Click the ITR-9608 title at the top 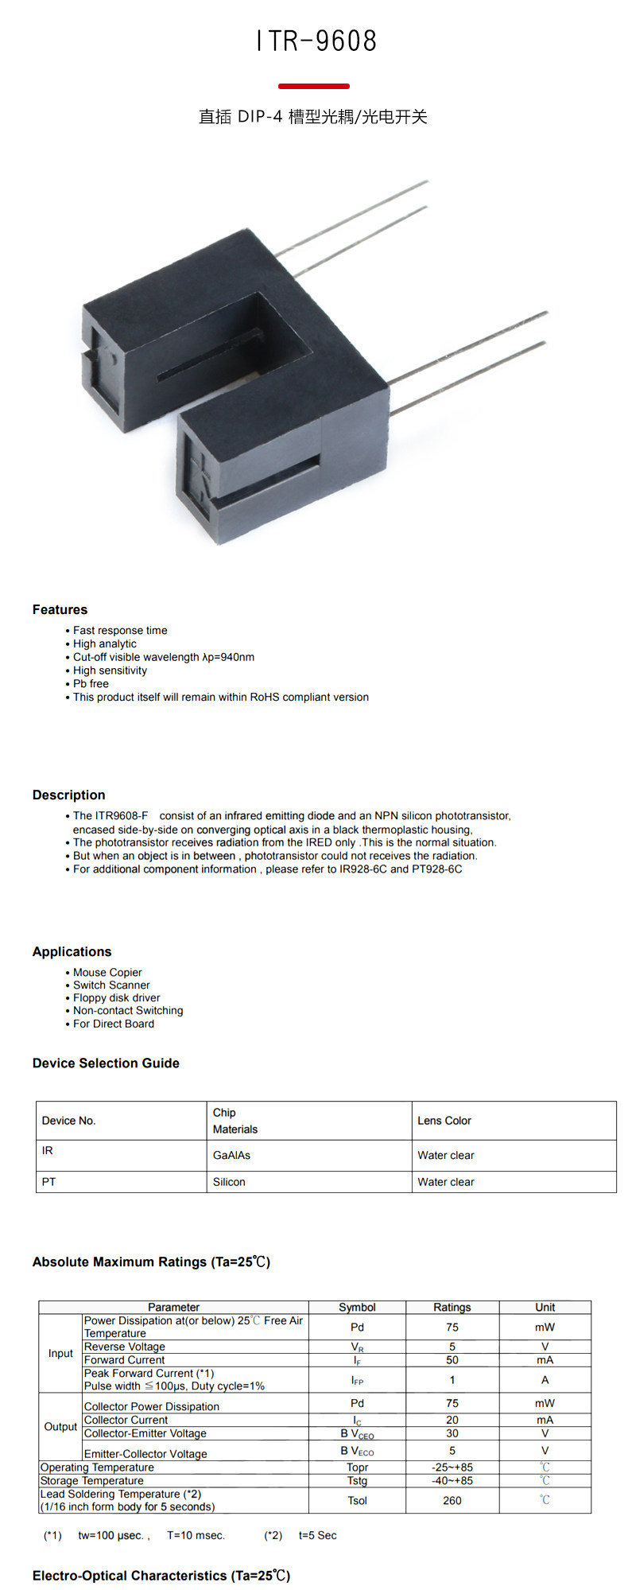pos(316,41)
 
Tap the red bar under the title pos(314,86)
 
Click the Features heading pos(60,610)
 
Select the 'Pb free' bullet pos(91,684)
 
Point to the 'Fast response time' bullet pos(120,631)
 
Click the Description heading pos(68,795)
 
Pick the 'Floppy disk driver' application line pos(116,998)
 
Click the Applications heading pos(72,952)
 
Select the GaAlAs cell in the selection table pos(231,1156)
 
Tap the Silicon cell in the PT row pos(229,1183)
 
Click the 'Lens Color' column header pos(444,1121)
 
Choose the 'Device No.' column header pos(68,1121)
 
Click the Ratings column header pos(452,1308)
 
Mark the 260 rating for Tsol pos(452,1501)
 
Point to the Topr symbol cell pos(357,1468)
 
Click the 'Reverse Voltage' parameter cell pos(125,1347)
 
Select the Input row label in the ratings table pos(60,1354)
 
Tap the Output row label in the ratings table pos(60,1427)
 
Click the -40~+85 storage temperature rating pos(452,1481)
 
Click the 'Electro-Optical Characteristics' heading pos(161,1576)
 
